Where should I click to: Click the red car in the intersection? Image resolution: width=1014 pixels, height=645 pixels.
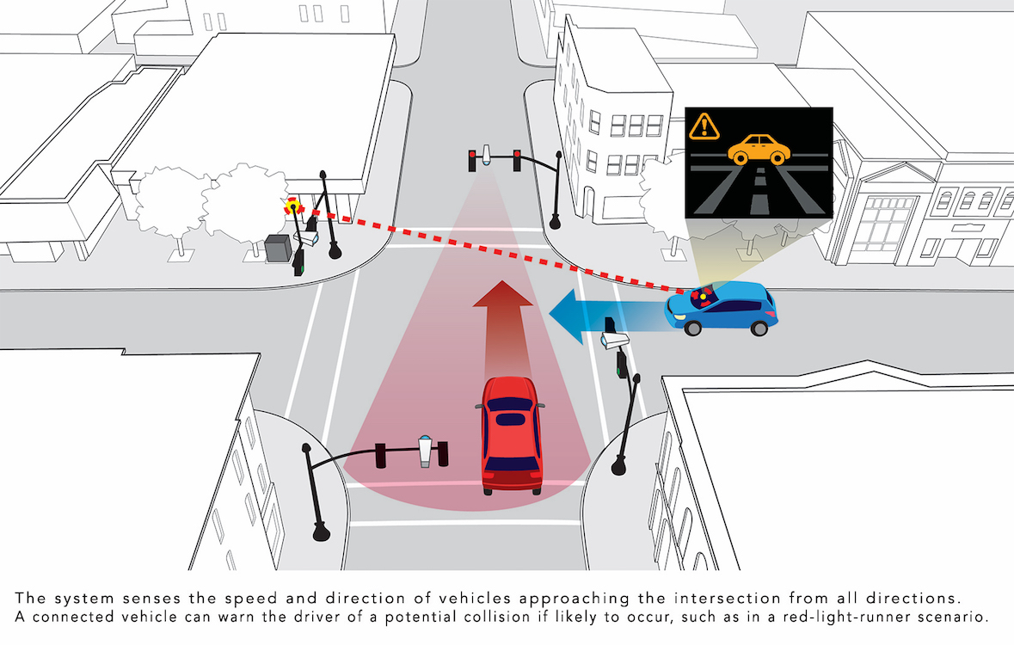pos(511,434)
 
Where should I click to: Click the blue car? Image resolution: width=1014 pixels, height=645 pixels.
pos(722,309)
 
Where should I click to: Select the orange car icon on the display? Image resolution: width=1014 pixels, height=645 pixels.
pos(759,149)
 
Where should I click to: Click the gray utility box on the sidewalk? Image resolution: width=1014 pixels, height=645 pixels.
pos(278,248)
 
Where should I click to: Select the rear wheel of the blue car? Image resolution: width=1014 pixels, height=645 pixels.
pos(759,327)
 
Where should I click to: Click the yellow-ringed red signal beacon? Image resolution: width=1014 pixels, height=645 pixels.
pos(293,206)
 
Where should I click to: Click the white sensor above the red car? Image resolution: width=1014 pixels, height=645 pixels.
pos(424,450)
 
